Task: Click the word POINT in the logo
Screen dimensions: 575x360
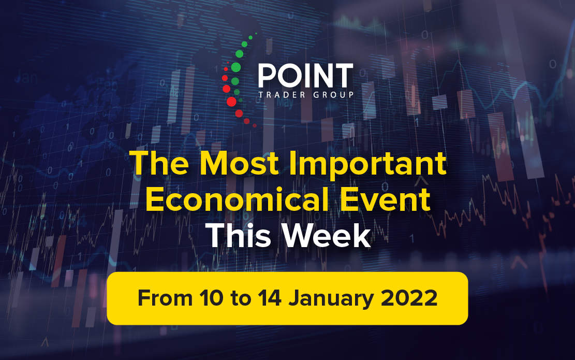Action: point(305,75)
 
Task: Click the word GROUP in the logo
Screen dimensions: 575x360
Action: point(333,95)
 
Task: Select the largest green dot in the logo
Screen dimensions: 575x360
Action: point(236,67)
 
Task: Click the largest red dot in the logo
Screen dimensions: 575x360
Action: point(231,102)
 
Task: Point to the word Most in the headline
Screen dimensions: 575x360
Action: point(239,163)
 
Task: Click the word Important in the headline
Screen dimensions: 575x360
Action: point(368,166)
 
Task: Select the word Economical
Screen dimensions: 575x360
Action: point(237,199)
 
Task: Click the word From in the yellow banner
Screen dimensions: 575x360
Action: point(165,298)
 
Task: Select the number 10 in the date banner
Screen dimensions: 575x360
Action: point(211,298)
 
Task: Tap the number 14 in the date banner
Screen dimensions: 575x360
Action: point(270,298)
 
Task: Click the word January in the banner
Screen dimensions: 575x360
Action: point(331,299)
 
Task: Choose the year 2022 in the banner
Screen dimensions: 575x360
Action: point(409,298)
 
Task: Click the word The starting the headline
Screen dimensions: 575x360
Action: point(159,163)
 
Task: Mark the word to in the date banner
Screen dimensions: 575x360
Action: point(241,299)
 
